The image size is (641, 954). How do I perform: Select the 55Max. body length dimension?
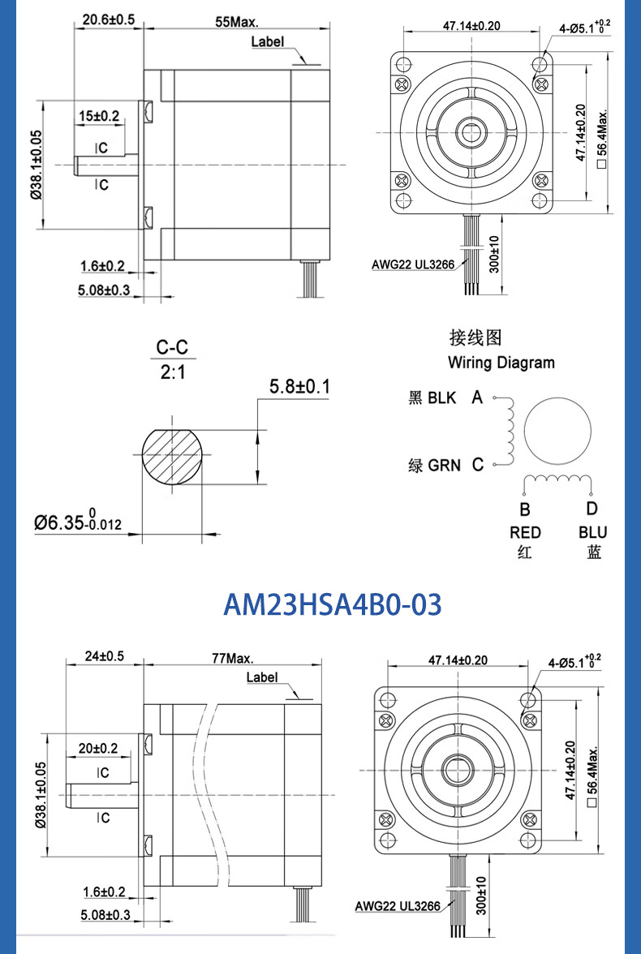pos(237,22)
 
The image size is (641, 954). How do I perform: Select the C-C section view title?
pos(173,348)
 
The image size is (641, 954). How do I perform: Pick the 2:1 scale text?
pos(173,372)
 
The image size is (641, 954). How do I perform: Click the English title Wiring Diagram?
pos(501,363)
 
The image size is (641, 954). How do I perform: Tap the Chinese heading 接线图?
pos(475,337)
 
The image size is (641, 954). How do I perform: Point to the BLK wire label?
pos(442,398)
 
